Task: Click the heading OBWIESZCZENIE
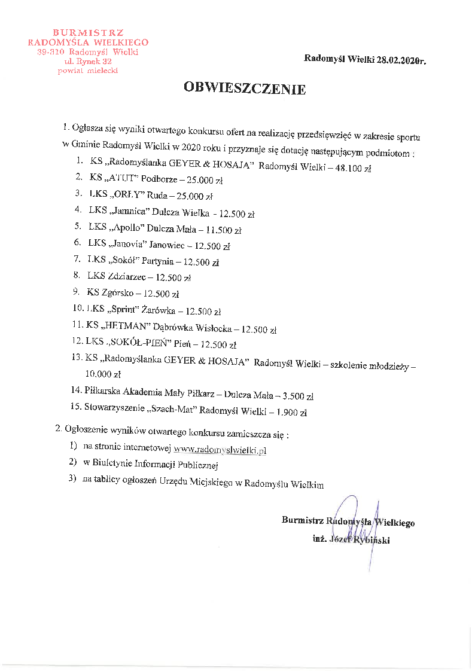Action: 245,90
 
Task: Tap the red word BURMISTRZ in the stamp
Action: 88,32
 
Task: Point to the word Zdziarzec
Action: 128,277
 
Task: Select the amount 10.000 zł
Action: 103,375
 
